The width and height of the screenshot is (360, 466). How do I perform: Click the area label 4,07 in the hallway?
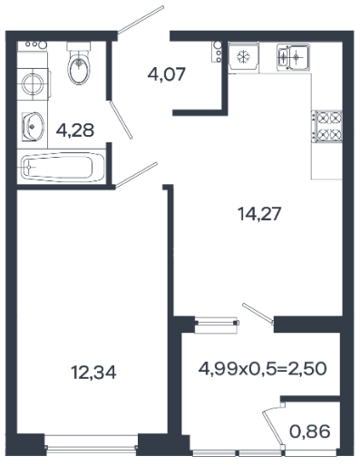(166, 74)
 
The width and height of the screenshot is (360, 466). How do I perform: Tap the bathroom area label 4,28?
(75, 131)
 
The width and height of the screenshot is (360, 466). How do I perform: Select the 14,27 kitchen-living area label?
(259, 214)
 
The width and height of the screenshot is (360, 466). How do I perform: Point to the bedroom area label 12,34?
(93, 372)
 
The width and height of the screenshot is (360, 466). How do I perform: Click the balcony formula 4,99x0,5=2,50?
(262, 369)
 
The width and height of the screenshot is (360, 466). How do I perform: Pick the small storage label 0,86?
(310, 432)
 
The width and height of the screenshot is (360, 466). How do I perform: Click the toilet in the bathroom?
(79, 63)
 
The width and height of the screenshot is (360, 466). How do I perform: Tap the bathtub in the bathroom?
(62, 167)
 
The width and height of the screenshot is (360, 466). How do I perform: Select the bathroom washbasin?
(33, 127)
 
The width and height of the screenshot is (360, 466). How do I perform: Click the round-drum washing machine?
(33, 84)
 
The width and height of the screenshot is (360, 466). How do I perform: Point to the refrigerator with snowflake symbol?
(243, 56)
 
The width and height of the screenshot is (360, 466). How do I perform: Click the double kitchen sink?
(293, 57)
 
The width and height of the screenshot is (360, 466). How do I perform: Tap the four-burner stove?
(327, 126)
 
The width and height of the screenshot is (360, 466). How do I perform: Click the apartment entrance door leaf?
(141, 20)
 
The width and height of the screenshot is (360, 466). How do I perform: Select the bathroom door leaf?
(121, 120)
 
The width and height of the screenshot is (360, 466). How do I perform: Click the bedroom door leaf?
(136, 175)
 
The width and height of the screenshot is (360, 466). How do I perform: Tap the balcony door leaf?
(258, 314)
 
